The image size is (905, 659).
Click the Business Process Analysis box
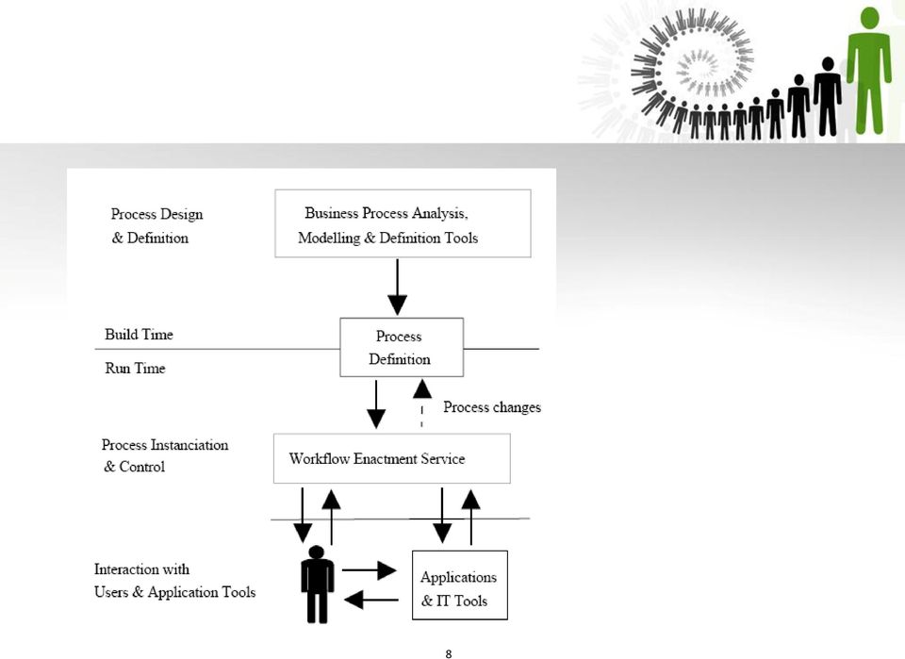[x=403, y=223]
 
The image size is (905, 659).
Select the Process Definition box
[x=402, y=347]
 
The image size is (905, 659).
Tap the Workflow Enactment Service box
[x=392, y=459]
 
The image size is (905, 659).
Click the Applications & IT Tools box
[x=460, y=585]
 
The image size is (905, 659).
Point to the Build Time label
[x=140, y=335]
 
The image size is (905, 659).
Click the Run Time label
[x=135, y=369]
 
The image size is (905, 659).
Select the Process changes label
[x=492, y=407]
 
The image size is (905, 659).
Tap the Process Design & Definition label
[x=157, y=226]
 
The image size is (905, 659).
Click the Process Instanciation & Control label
[x=165, y=456]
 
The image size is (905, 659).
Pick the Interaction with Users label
[x=175, y=581]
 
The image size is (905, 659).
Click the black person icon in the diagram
[x=317, y=584]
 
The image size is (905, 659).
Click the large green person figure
[x=869, y=71]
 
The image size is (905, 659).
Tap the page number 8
[x=449, y=653]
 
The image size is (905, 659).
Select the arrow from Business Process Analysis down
[x=397, y=287]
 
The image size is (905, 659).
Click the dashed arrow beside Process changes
[x=422, y=403]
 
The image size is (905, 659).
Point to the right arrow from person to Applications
[x=370, y=570]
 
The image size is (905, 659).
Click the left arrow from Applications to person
[x=371, y=601]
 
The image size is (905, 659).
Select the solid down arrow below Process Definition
[x=376, y=404]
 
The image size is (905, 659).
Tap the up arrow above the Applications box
[x=471, y=517]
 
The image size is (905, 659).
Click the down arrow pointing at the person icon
[x=303, y=516]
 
